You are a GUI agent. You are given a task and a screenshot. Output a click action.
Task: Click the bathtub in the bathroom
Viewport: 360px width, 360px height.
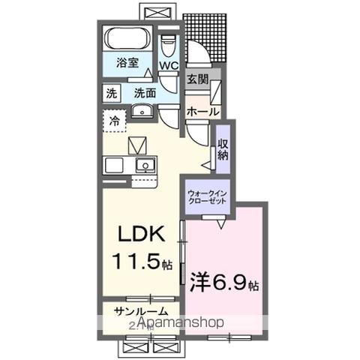[x=127, y=40]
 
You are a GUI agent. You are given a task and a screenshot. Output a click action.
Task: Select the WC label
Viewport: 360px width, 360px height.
[x=168, y=66]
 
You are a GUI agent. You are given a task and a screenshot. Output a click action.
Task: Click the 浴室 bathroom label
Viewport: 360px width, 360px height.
[x=128, y=64]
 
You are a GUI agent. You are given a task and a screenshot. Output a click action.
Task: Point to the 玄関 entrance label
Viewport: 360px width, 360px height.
[x=198, y=78]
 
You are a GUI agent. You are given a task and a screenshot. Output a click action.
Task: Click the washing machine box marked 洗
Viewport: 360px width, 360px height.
[x=111, y=94]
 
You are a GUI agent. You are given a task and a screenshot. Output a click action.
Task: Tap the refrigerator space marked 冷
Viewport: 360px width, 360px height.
[x=115, y=121]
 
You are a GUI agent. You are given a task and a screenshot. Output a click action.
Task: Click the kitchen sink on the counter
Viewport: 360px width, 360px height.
[x=142, y=165]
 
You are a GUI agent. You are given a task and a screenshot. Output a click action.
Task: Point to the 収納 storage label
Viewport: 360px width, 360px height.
[x=223, y=149]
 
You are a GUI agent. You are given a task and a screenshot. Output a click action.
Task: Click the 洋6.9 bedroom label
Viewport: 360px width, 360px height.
[x=223, y=285]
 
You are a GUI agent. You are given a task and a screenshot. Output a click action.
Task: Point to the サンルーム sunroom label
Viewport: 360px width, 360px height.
[x=140, y=312]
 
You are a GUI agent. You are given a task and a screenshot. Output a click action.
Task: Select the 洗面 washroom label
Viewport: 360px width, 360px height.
[x=145, y=93]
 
